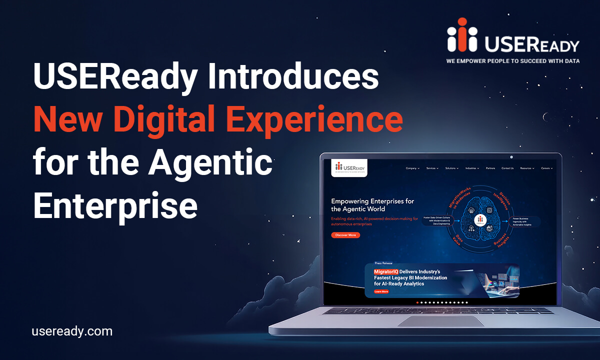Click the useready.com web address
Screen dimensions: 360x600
point(72,331)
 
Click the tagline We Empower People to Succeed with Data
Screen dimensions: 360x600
point(512,61)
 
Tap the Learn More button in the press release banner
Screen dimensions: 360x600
point(381,291)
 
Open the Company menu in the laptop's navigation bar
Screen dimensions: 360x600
point(412,168)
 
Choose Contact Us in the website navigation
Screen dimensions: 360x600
point(507,168)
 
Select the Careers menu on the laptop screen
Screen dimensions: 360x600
point(546,168)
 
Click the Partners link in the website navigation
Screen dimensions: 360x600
point(490,168)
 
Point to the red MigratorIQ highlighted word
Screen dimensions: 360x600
point(386,271)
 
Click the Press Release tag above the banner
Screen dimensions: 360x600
point(383,263)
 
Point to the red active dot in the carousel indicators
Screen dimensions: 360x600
point(417,302)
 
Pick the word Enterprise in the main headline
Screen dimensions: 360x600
point(115,205)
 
